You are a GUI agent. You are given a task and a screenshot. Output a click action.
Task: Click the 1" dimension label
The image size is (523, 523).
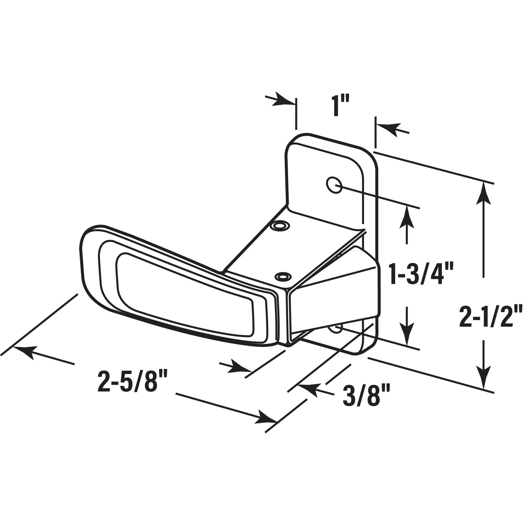pyautogui.click(x=340, y=105)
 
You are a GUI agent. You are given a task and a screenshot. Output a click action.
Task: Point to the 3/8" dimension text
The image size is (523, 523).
pyautogui.click(x=366, y=396)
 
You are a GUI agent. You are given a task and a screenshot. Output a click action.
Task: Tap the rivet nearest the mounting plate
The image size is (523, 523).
pyautogui.click(x=281, y=226)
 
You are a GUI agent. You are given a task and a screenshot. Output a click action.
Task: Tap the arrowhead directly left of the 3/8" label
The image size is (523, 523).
pyautogui.click(x=308, y=389)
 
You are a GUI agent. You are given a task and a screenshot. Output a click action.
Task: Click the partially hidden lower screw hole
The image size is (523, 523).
pyautogui.click(x=336, y=328)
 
